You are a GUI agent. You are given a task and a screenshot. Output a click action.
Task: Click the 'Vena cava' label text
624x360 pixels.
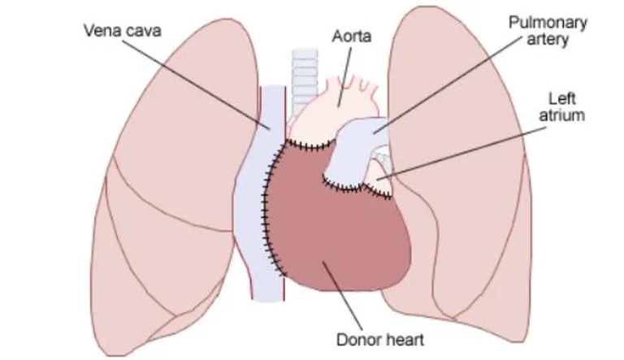123,31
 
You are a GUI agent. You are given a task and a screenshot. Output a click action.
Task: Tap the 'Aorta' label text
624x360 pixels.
351,37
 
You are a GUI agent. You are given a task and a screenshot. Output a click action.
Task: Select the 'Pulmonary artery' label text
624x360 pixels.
548,31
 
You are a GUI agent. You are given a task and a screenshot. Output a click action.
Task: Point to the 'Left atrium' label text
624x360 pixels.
562,106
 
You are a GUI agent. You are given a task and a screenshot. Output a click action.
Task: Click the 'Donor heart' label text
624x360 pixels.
380,340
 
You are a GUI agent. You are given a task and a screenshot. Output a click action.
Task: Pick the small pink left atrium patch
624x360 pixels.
378,176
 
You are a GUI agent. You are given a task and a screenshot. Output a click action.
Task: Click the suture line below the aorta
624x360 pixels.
311,145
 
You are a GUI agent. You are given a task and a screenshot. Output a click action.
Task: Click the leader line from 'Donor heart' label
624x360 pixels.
342,296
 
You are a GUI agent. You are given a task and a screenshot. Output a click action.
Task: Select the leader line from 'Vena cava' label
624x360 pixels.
196,85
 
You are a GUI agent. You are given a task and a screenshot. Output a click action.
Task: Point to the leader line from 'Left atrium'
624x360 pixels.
461,154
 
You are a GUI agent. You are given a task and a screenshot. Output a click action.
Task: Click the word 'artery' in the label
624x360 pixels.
548,40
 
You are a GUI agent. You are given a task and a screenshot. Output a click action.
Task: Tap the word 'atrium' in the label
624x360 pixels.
562,115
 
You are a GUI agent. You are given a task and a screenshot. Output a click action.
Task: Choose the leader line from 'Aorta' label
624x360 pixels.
344,77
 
